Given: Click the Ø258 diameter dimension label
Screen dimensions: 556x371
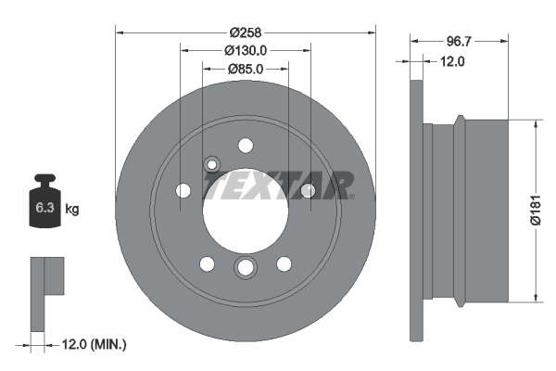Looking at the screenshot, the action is pyautogui.click(x=245, y=32).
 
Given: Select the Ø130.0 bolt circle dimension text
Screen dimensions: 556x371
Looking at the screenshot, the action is pyautogui.click(x=246, y=51).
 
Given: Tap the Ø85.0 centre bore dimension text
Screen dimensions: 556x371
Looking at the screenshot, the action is pyautogui.click(x=246, y=69).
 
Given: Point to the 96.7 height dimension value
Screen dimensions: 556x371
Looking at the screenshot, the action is pyautogui.click(x=459, y=42).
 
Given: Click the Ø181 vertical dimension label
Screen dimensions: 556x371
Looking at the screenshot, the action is pyautogui.click(x=536, y=210).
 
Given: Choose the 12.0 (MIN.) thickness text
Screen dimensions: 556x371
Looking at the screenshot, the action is pyautogui.click(x=94, y=344).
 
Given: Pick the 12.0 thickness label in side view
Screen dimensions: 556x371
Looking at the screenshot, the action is pyautogui.click(x=452, y=62).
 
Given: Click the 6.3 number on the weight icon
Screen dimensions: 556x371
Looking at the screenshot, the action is pyautogui.click(x=44, y=208).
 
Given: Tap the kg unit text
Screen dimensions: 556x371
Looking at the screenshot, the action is pyautogui.click(x=72, y=209).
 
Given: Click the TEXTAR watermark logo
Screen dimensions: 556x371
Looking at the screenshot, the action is pyautogui.click(x=278, y=185).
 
